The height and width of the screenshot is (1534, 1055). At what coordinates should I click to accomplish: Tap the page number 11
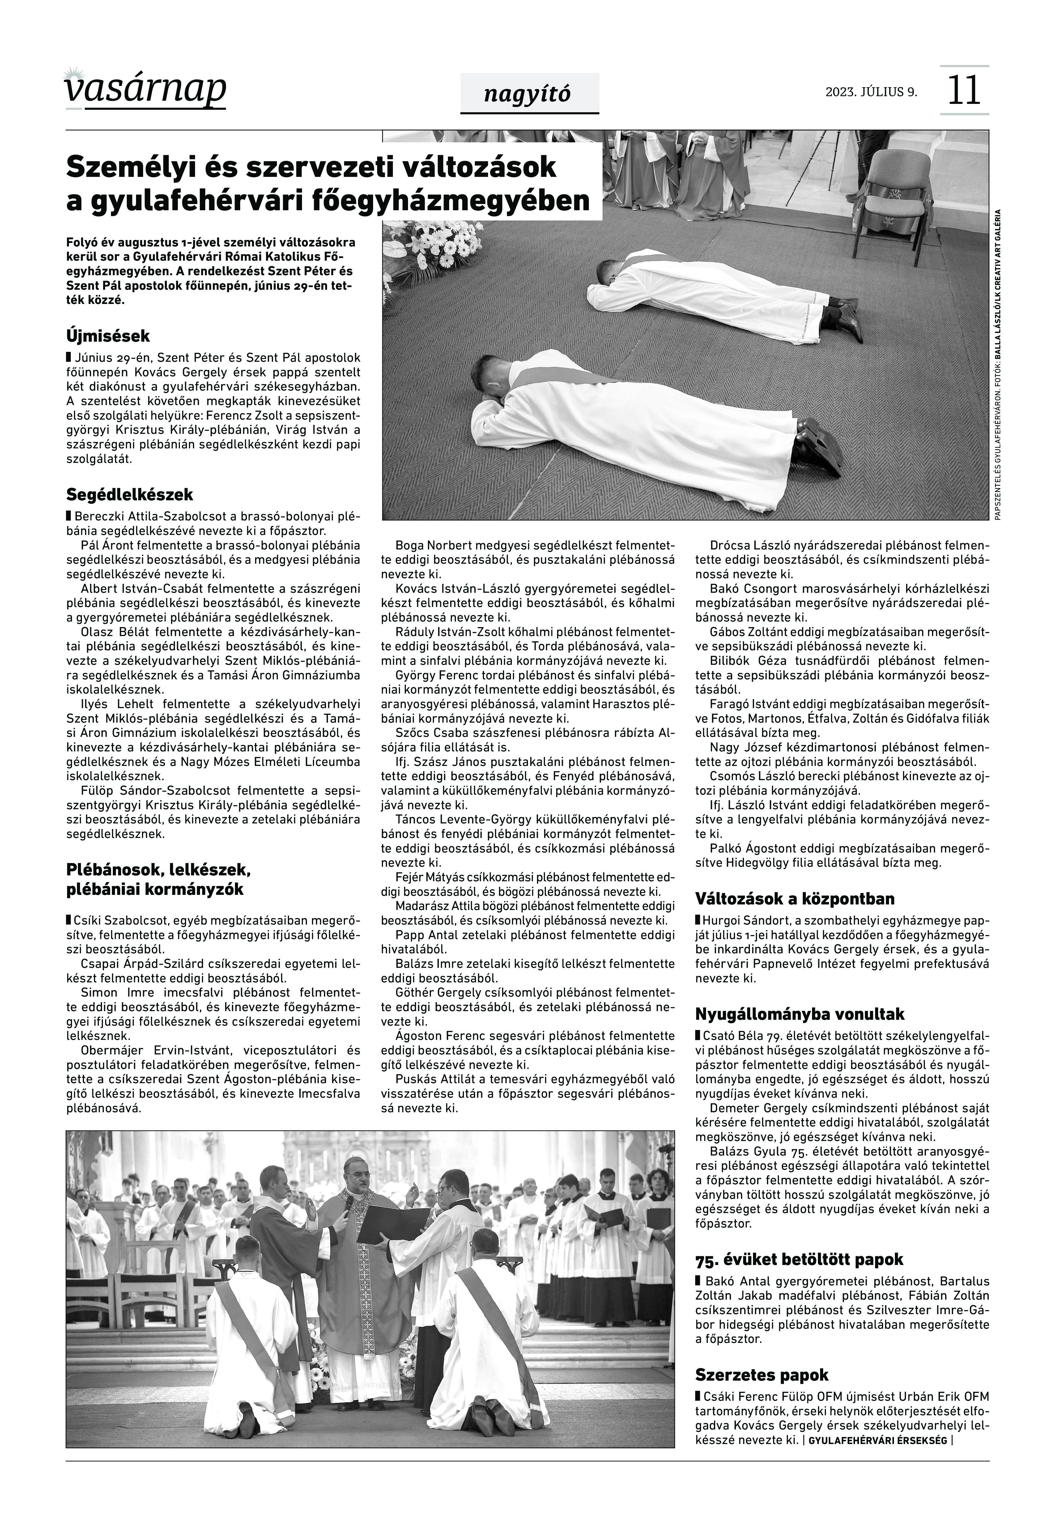pos(964,91)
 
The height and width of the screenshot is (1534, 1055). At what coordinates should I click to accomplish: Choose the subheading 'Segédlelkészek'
pos(130,494)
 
